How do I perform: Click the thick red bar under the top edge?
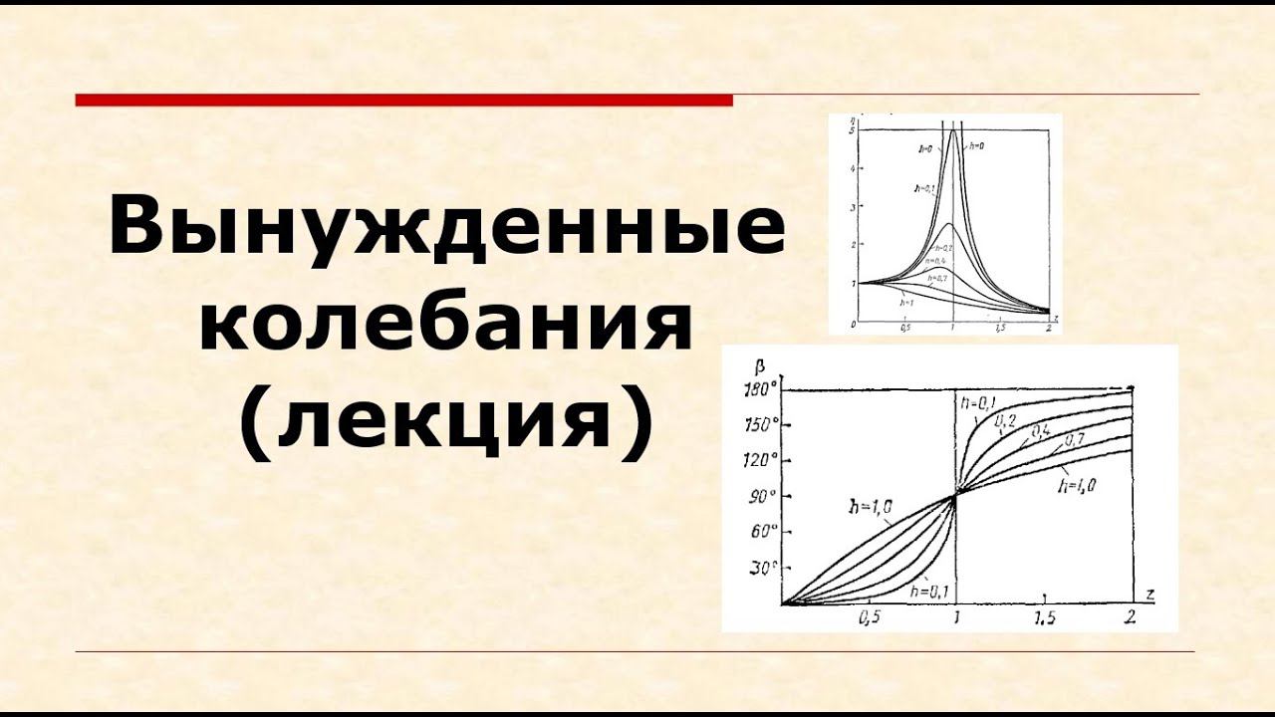403,100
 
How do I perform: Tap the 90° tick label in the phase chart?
762,496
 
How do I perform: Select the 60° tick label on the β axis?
762,531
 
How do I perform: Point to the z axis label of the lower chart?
1149,594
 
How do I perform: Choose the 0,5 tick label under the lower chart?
869,617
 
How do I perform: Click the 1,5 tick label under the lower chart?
1044,618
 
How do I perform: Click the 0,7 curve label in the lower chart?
1075,438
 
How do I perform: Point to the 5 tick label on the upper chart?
853,130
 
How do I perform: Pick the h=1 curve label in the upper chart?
907,301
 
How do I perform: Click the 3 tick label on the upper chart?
853,207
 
